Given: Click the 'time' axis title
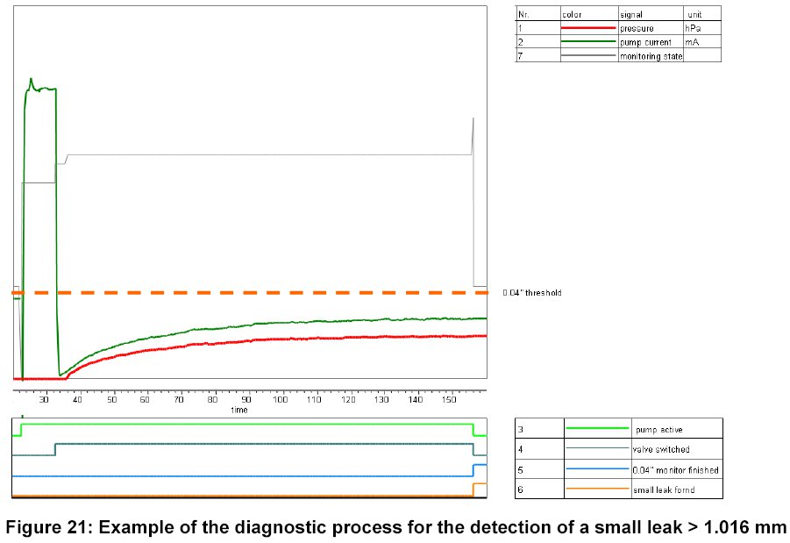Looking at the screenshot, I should point(238,410).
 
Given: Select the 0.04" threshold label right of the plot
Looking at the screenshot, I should point(532,292).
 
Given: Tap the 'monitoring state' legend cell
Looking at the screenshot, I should point(651,56).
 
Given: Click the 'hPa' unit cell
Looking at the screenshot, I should point(693,29).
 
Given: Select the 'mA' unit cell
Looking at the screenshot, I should point(692,42).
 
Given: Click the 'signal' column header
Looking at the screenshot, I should point(630,15).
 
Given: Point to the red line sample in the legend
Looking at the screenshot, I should point(588,29).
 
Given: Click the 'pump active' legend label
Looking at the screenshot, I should point(658,430).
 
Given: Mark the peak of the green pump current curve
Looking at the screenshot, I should point(31,79).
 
